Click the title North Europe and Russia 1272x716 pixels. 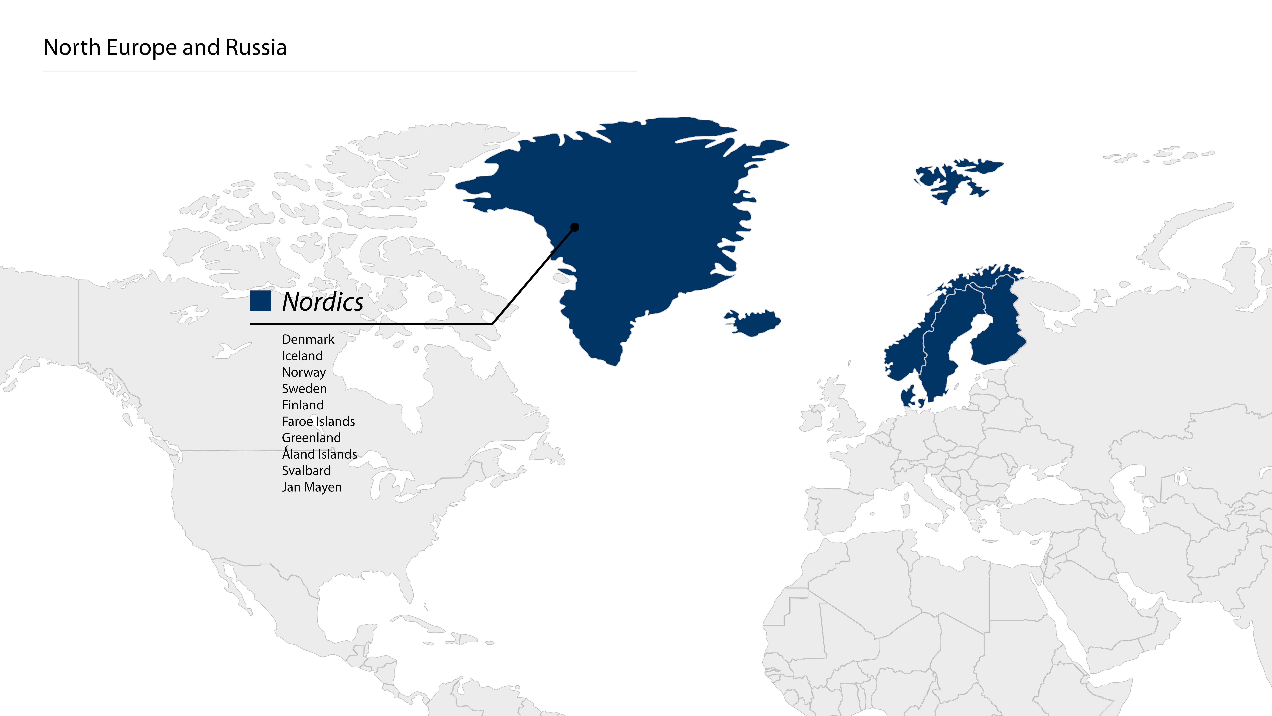165,47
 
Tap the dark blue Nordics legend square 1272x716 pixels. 260,301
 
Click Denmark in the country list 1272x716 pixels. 308,340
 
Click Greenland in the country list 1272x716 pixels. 311,438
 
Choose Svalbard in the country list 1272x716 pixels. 306,470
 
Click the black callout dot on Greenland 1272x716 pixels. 574,227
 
